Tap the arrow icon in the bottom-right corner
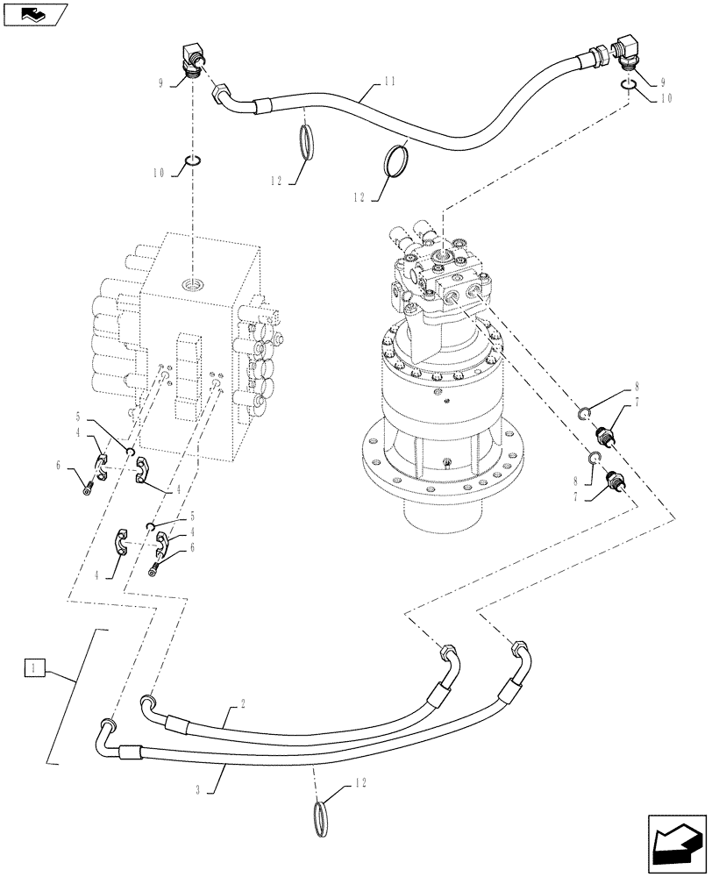point(676,841)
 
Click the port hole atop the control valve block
point(191,283)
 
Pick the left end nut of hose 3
point(108,725)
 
